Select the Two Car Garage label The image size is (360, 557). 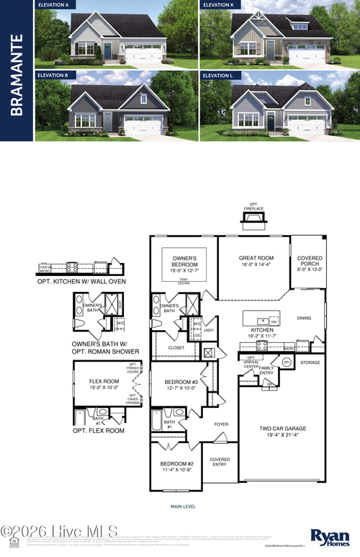[282, 432]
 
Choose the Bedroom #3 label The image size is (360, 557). [181, 385]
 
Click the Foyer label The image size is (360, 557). [221, 424]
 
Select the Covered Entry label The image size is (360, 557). [220, 462]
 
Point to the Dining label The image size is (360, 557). [304, 317]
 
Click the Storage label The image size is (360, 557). [310, 362]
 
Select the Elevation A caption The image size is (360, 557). [53, 5]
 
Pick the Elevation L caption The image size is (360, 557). [218, 75]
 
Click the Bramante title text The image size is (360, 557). [18, 74]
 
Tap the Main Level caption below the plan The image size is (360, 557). [183, 507]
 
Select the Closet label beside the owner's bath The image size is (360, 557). [176, 347]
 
